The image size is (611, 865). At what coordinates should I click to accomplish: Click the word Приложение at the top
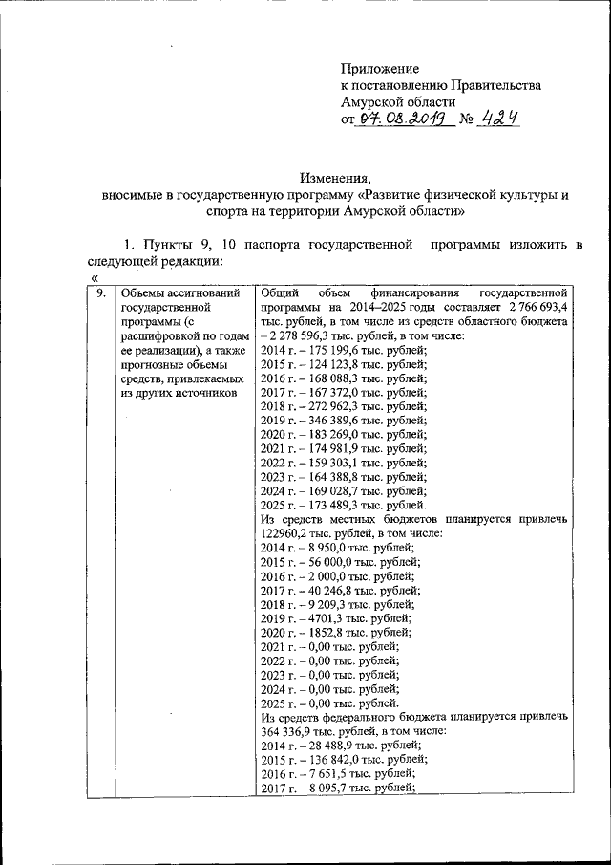tap(380, 68)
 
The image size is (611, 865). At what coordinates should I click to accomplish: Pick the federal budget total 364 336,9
tap(290, 730)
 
